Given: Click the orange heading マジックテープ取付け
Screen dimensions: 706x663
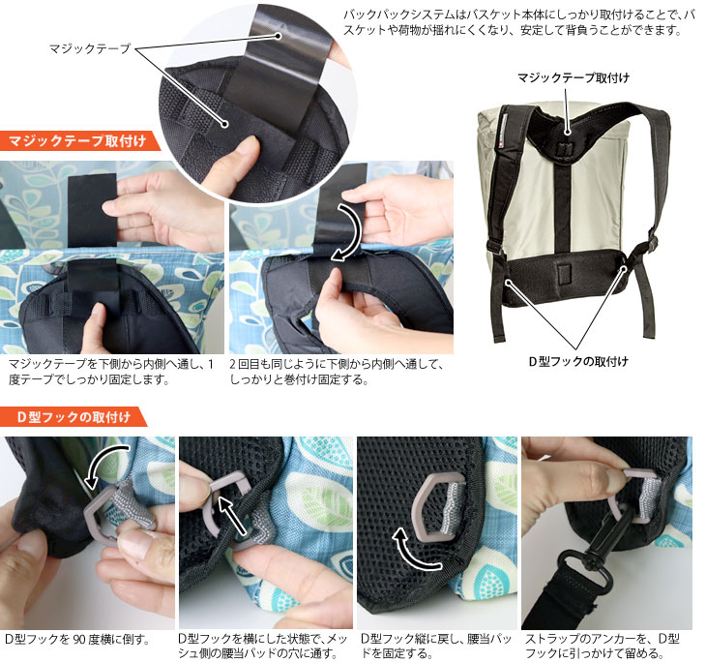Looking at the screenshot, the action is tap(77, 141).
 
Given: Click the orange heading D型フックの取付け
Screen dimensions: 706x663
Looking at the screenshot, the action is tap(74, 417).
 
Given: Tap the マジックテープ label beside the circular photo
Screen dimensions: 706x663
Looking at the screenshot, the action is tap(90, 48).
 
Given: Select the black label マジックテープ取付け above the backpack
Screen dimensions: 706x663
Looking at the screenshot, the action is tap(574, 78).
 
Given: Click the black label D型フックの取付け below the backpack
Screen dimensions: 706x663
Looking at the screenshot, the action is tap(578, 361).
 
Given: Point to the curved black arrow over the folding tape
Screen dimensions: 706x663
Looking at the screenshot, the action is tap(347, 232).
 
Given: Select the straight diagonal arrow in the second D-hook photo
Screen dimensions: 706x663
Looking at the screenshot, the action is tap(233, 516).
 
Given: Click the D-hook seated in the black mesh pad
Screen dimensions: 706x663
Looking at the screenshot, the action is tap(433, 506).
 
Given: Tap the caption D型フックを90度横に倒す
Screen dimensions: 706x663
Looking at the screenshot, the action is tap(76, 639).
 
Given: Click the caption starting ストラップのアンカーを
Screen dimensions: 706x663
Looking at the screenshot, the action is tap(603, 646).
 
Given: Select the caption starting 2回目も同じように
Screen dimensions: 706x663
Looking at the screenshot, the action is tap(337, 372).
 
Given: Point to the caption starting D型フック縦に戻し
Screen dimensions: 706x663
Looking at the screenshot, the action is tap(436, 646).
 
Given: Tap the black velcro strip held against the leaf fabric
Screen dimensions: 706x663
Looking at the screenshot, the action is tap(92, 210).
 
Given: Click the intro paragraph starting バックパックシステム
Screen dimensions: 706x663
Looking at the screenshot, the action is tap(518, 22).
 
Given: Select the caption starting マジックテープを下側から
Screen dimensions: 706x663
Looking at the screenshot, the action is tap(111, 372).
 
